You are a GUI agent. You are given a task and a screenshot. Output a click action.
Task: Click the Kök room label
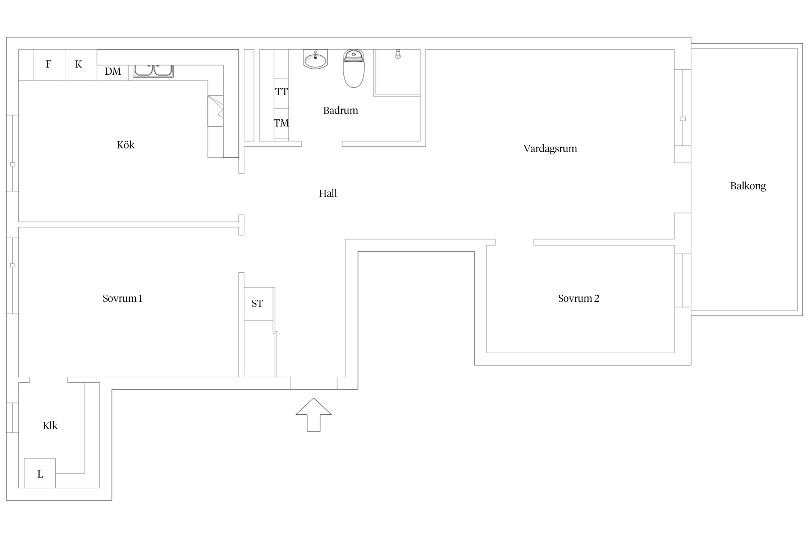[x=125, y=145]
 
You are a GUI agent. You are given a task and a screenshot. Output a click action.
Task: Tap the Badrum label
[x=340, y=110]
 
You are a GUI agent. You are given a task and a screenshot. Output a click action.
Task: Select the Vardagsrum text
[x=550, y=149]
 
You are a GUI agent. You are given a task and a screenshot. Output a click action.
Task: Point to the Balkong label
[x=748, y=186]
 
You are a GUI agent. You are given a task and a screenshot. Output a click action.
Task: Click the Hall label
[x=328, y=193]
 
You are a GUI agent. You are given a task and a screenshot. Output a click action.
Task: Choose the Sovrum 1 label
[x=123, y=298]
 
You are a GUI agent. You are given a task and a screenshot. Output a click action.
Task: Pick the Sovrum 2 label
[x=579, y=298]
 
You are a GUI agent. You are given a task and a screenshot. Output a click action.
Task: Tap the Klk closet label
[x=50, y=425]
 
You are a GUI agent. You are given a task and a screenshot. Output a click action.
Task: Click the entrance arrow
[x=314, y=415]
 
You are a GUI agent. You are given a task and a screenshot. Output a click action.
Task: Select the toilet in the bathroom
[x=354, y=69]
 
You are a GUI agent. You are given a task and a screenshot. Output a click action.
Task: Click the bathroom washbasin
[x=315, y=59]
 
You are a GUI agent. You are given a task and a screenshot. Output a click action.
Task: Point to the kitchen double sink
[x=153, y=71]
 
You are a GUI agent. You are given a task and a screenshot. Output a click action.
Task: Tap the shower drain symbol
[x=398, y=54]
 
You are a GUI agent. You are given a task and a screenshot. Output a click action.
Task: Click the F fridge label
[x=49, y=64]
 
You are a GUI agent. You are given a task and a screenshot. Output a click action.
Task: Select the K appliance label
[x=78, y=64]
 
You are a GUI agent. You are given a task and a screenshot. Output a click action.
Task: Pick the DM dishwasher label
[x=113, y=72]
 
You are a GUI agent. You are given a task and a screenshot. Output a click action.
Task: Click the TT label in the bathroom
[x=282, y=92]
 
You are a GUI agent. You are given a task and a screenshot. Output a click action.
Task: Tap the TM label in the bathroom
[x=281, y=123]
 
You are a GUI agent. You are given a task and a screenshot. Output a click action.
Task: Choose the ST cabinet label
[x=257, y=304]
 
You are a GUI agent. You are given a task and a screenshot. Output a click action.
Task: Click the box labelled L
[x=40, y=473]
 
